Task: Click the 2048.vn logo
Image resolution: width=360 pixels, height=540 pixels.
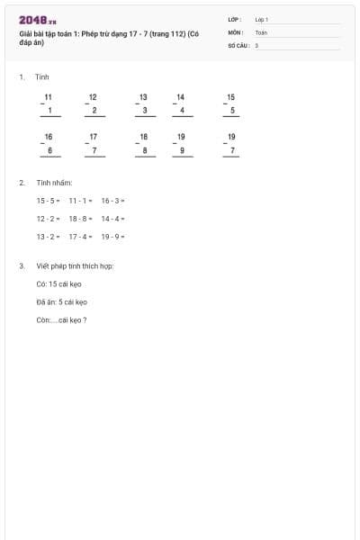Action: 37,20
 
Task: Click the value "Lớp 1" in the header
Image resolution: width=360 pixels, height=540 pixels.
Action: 262,19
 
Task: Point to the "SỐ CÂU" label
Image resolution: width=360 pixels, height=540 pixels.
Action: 238,44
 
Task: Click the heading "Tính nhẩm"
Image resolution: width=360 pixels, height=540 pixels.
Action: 54,183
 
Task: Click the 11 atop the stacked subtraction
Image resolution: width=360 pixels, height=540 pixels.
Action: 49,97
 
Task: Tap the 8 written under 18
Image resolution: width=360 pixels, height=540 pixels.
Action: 144,150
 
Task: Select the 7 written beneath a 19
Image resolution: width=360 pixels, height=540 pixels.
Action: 232,150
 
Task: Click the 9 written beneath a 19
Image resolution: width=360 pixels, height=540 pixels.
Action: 182,150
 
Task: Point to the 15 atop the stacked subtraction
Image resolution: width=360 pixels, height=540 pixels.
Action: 231,97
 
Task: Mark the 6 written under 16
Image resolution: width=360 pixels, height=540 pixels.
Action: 50,150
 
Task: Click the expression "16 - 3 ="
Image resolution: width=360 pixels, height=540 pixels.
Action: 112,201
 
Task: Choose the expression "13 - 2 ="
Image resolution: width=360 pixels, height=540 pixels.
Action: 49,237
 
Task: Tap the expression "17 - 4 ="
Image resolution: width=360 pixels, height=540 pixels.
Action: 81,237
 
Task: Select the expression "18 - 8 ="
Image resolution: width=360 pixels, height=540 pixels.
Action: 81,219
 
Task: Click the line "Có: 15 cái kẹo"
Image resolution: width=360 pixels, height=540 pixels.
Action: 59,283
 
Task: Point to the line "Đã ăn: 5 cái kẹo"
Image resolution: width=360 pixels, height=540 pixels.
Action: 62,301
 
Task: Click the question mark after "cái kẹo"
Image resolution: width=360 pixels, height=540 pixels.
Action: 85,319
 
